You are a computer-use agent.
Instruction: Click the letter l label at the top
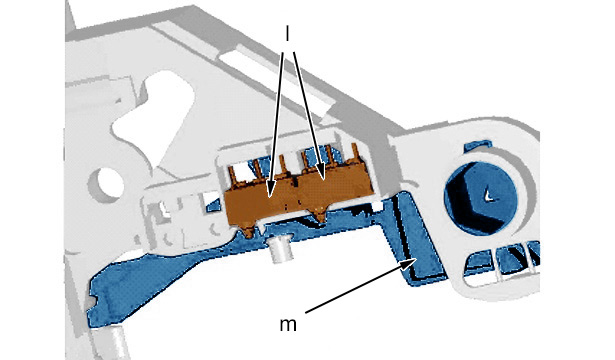287,34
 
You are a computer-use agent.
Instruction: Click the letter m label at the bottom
288,325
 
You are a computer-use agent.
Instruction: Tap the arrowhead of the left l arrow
270,190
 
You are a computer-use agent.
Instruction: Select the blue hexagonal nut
481,198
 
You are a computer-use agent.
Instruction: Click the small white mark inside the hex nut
488,195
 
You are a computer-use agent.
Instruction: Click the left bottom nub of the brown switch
248,232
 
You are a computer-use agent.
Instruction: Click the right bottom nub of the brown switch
320,216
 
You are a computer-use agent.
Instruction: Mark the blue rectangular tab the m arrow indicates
418,238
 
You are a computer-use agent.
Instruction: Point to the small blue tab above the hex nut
478,145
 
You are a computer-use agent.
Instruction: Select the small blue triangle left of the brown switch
213,205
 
